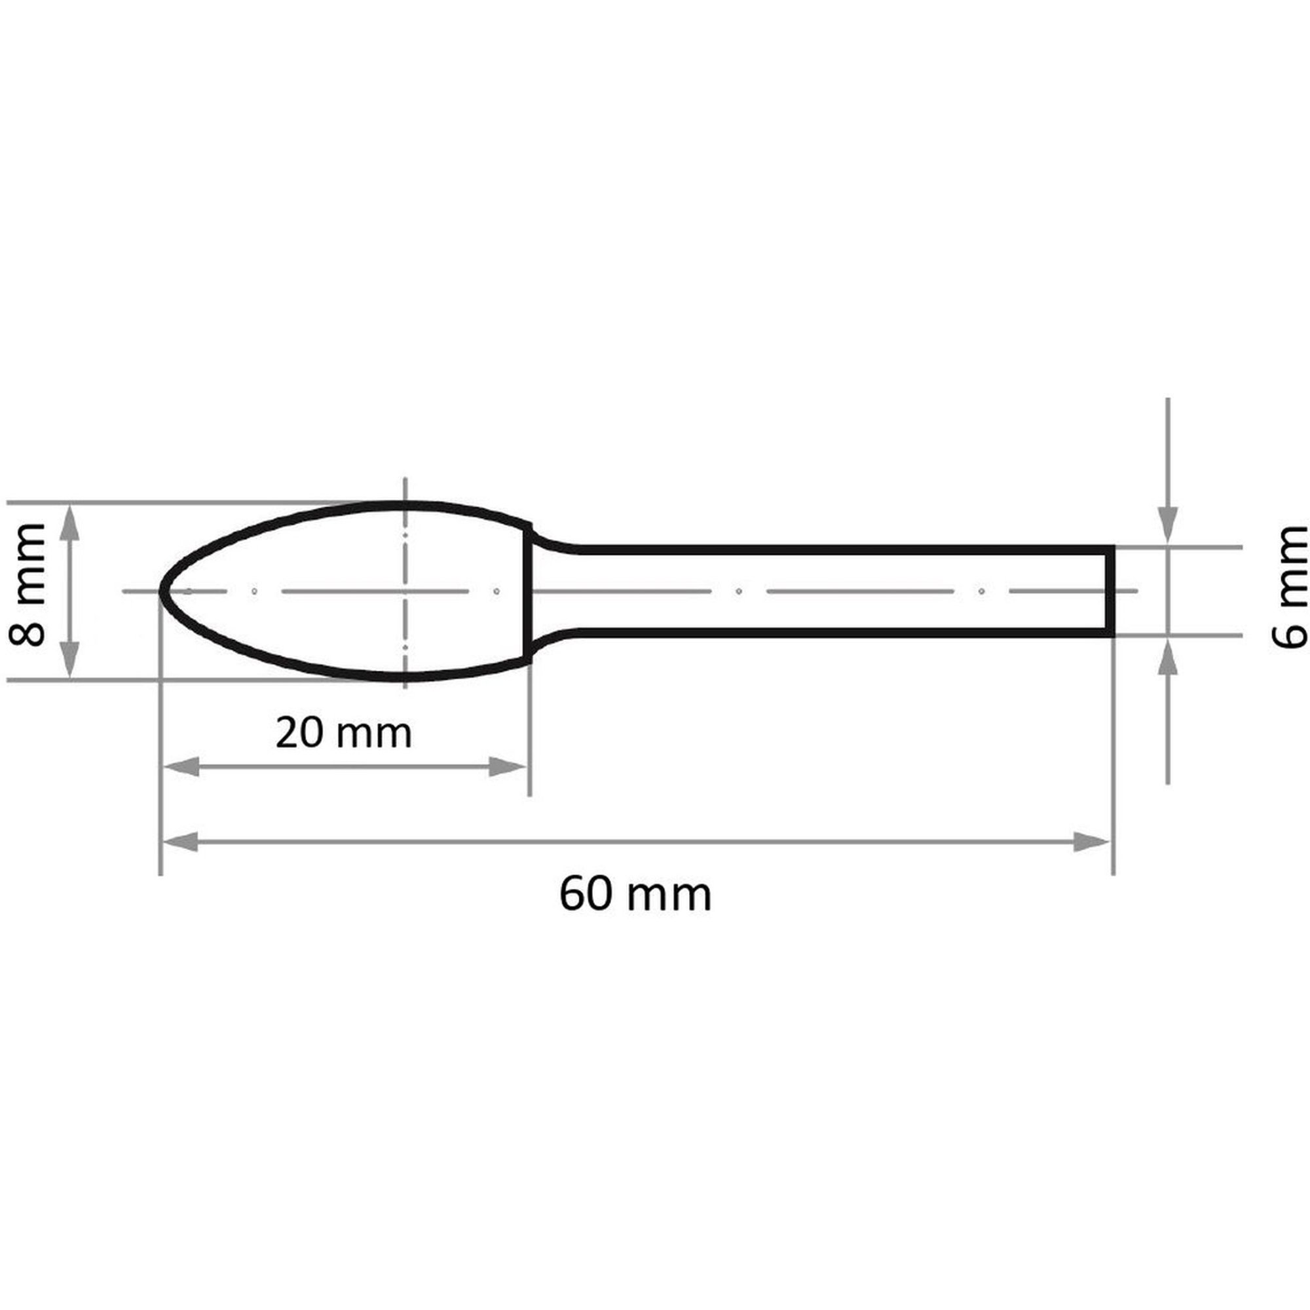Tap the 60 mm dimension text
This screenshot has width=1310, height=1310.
click(635, 895)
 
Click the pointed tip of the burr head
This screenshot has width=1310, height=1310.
click(161, 592)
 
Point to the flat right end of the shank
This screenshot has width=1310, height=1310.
click(1111, 592)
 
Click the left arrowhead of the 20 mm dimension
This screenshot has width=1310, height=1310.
click(181, 767)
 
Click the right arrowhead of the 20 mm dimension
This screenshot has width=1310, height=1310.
click(508, 767)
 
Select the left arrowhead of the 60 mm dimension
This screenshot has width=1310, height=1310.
click(181, 843)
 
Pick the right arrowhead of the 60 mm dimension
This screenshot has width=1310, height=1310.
click(1091, 843)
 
